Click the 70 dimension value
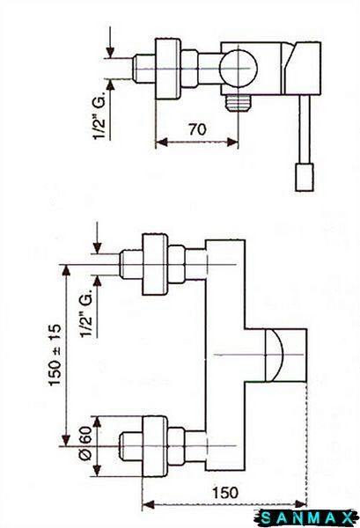197,129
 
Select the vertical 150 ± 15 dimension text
55,355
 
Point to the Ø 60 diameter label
85,444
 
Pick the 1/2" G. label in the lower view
86,312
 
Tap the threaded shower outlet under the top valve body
239,103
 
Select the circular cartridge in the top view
238,69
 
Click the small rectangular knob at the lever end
305,178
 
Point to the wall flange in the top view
168,69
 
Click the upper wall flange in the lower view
155,264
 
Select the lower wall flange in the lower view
155,446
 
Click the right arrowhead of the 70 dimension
232,142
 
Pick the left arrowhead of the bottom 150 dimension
148,504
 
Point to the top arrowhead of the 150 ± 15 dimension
66,271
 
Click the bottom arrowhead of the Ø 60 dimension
98,470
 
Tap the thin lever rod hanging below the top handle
305,128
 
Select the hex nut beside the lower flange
176,446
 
